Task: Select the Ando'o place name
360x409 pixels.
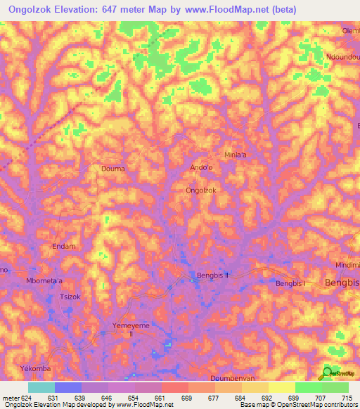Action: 202,167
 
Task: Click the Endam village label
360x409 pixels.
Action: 64,247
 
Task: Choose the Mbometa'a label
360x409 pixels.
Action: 44,281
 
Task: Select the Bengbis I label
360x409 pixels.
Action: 290,283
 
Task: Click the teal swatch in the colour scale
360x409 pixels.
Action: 41,387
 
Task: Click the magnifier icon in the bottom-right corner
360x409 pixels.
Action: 328,373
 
